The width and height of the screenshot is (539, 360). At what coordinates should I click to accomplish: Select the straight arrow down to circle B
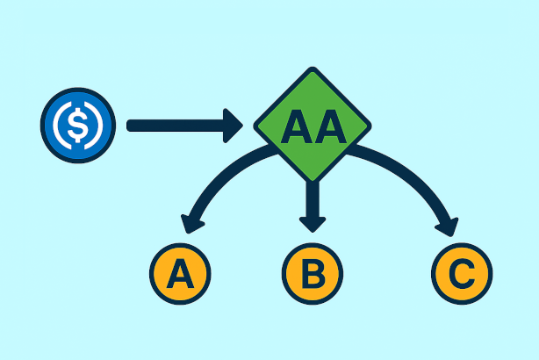(311, 198)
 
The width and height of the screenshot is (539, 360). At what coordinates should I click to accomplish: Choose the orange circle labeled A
(181, 274)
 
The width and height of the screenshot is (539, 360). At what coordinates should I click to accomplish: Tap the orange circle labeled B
(313, 274)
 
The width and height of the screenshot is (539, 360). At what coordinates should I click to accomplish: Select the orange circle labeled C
(461, 274)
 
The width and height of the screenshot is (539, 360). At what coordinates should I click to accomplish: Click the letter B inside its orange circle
(313, 274)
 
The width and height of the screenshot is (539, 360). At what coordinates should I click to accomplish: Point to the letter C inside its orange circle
(461, 274)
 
